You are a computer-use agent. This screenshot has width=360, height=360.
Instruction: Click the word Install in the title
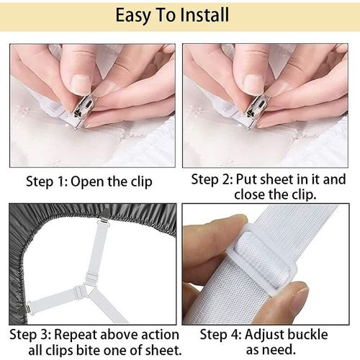[x=204, y=15]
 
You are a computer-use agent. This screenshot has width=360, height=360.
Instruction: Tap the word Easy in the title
[x=133, y=16]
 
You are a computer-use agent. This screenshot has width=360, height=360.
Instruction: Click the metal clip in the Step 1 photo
[x=83, y=110]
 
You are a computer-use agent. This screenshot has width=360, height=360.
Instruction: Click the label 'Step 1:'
[x=47, y=182]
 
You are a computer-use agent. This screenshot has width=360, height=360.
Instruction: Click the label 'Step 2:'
[x=212, y=179]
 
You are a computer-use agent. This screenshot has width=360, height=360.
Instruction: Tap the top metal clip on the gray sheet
[x=105, y=215]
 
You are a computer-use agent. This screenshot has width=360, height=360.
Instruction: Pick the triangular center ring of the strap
[x=87, y=291]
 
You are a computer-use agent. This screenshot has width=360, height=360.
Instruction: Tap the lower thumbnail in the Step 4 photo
[x=300, y=303]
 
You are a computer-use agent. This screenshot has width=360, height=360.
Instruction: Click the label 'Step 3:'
[x=30, y=335]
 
